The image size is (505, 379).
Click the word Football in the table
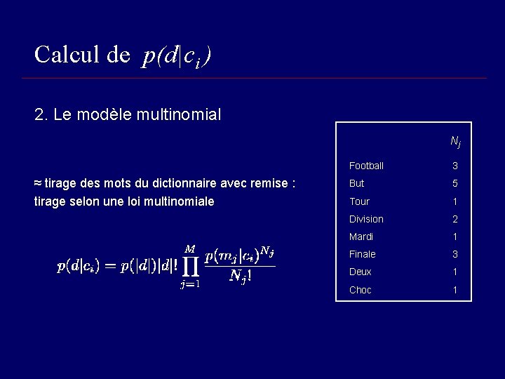(366, 166)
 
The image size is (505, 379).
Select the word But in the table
(357, 184)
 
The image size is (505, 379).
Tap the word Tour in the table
(359, 201)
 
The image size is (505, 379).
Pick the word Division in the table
(366, 219)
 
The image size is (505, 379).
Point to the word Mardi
(361, 237)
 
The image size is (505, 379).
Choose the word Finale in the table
(363, 254)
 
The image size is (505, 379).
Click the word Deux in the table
(361, 272)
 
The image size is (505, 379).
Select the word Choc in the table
(361, 290)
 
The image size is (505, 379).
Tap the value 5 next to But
(454, 184)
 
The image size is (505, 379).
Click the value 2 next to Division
(454, 219)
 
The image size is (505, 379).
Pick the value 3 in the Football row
(454, 166)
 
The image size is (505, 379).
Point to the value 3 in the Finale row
(454, 254)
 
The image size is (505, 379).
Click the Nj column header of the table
(455, 142)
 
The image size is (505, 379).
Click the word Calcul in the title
(67, 54)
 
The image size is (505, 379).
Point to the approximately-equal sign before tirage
(38, 184)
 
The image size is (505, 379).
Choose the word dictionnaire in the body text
(184, 184)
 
